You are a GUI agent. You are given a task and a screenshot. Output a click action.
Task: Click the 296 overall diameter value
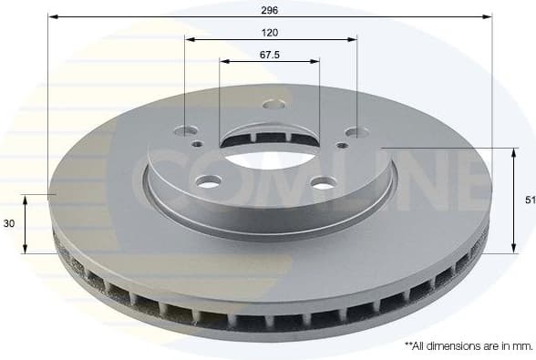pyautogui.click(x=269, y=10)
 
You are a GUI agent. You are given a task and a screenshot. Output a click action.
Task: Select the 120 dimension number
pyautogui.click(x=269, y=33)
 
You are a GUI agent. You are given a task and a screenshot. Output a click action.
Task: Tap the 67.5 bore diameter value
pyautogui.click(x=269, y=55)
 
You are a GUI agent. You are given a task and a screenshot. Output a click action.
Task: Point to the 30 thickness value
pyautogui.click(x=10, y=223)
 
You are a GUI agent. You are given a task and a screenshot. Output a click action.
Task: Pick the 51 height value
pyautogui.click(x=530, y=200)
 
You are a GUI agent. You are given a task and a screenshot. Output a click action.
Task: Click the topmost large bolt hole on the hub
pyautogui.click(x=273, y=104)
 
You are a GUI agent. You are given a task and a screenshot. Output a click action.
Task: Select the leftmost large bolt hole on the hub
pyautogui.click(x=190, y=131)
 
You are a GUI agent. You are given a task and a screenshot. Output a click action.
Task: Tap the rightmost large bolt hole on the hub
pyautogui.click(x=356, y=132)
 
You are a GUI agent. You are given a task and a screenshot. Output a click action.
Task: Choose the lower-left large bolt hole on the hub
pyautogui.click(x=209, y=183)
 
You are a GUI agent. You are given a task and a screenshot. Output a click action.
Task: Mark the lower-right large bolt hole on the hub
pyautogui.click(x=323, y=183)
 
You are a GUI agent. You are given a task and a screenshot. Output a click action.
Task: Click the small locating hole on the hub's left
pyautogui.click(x=197, y=143)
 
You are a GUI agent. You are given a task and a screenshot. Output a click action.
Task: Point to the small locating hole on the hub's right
pyautogui.click(x=342, y=145)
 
